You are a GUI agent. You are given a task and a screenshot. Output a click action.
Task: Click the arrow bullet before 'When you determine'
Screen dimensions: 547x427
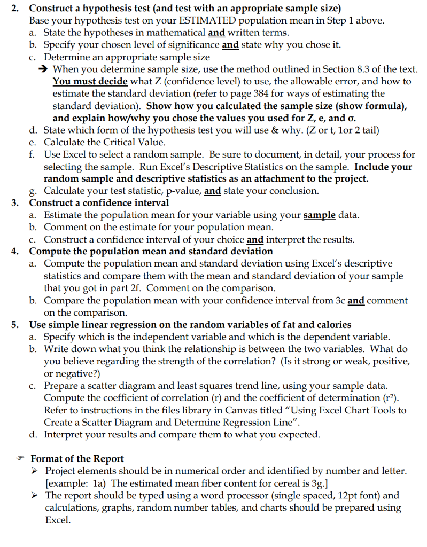click(46, 69)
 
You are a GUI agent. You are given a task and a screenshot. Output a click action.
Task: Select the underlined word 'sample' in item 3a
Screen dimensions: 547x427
click(319, 215)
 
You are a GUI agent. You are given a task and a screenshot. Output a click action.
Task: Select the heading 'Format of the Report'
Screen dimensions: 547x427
click(77, 458)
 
